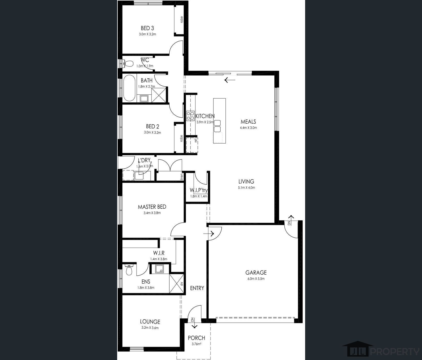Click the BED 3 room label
click(x=147, y=28)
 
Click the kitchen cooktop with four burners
click(x=191, y=116)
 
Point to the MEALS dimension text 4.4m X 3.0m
click(x=248, y=128)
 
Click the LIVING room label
click(x=246, y=182)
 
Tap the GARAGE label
click(x=256, y=273)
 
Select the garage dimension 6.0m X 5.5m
click(x=256, y=279)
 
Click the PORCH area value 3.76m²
click(x=197, y=344)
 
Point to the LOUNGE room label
click(x=150, y=322)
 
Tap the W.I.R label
click(x=159, y=253)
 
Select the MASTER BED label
click(x=152, y=207)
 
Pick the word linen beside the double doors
click(x=182, y=177)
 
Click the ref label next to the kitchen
click(x=196, y=141)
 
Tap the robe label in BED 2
click(x=182, y=138)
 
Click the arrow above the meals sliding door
click(x=230, y=80)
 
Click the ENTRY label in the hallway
click(x=197, y=288)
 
